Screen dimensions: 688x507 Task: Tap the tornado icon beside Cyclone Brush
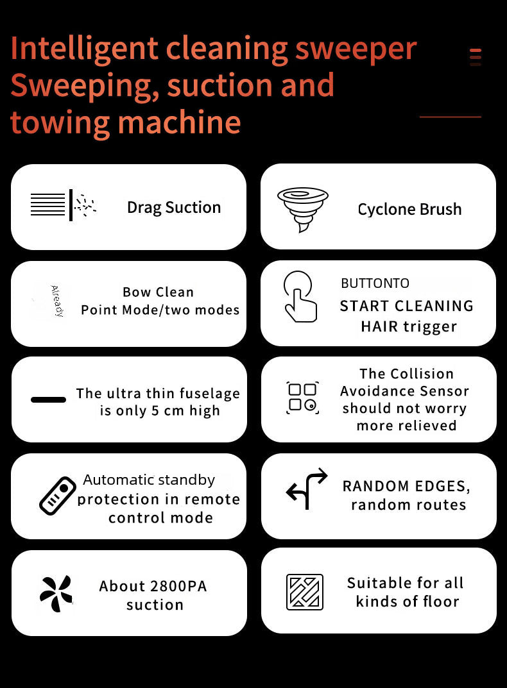click(302, 208)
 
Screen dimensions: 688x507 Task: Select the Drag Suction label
click(173, 207)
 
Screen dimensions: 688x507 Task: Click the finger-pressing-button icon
click(300, 296)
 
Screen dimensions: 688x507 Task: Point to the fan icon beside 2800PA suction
click(56, 593)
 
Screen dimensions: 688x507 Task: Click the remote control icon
click(57, 496)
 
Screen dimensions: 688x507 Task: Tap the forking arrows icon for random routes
click(306, 489)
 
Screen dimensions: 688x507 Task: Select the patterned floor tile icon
click(304, 592)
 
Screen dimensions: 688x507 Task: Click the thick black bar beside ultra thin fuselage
click(48, 399)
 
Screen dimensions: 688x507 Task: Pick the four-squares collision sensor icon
click(302, 397)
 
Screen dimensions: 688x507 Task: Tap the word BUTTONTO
click(375, 283)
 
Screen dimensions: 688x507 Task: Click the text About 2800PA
click(153, 586)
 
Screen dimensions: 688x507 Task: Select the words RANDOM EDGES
click(406, 486)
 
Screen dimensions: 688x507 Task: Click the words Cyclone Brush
click(409, 209)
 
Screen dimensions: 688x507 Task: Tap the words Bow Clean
click(158, 292)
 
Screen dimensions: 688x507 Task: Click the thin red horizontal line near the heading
click(450, 117)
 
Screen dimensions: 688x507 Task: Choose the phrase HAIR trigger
click(408, 326)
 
